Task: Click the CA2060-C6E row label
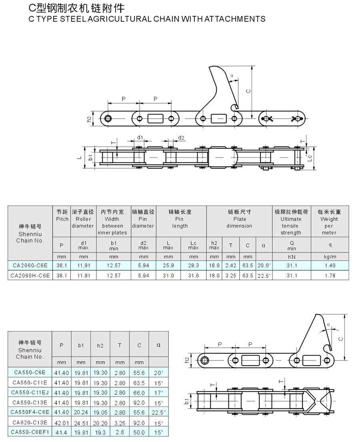(x=30, y=266)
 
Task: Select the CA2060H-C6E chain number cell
(x=30, y=276)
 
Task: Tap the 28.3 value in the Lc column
(x=194, y=266)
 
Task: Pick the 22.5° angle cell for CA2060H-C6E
(x=264, y=276)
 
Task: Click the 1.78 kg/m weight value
(x=330, y=276)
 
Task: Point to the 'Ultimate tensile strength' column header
(x=291, y=222)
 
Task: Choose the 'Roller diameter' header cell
(x=83, y=219)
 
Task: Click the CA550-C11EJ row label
(x=30, y=392)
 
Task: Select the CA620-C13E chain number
(x=30, y=422)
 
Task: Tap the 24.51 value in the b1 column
(x=81, y=423)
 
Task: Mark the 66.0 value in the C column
(x=139, y=393)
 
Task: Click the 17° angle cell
(x=159, y=393)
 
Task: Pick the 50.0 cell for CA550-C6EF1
(x=139, y=432)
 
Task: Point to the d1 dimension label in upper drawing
(x=140, y=137)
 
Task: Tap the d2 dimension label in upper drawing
(x=181, y=138)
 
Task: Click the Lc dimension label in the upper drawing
(x=310, y=158)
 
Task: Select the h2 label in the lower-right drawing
(x=187, y=360)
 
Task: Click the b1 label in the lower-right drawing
(x=187, y=401)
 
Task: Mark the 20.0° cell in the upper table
(x=264, y=266)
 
